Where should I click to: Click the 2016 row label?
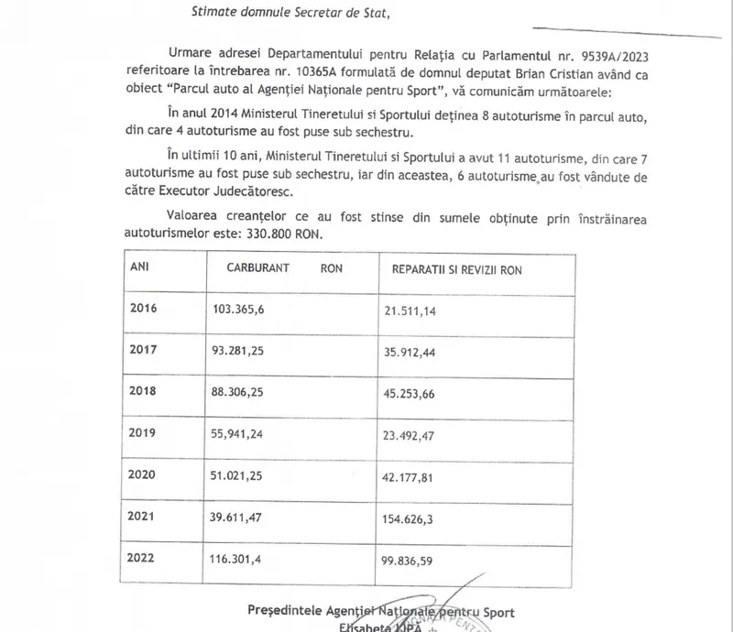click(x=145, y=307)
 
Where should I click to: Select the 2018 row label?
click(x=145, y=388)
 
